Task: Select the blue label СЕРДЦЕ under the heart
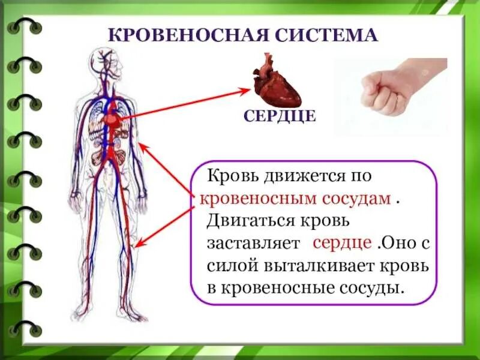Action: pos(280,116)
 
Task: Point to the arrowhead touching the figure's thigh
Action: pos(139,244)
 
